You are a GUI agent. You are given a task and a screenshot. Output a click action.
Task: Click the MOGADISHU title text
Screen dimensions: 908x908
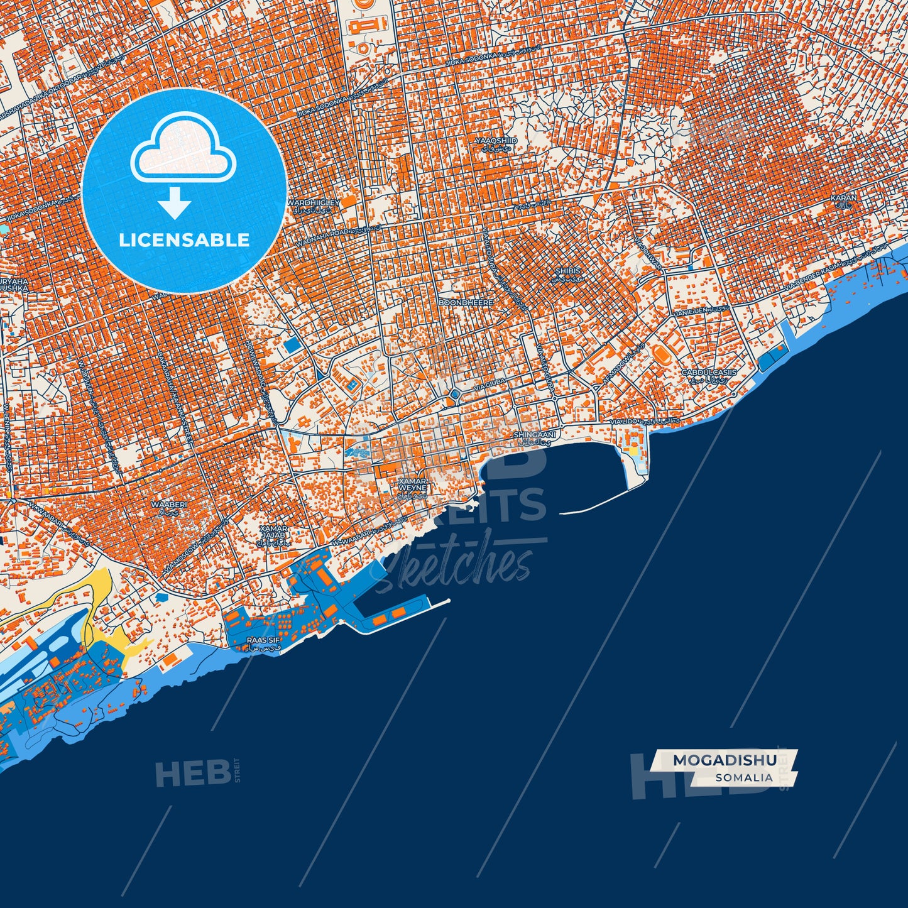click(724, 760)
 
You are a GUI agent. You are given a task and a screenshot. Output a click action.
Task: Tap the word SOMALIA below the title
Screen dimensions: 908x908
click(743, 777)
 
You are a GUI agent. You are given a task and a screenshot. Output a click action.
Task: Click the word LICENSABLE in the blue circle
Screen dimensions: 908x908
click(184, 239)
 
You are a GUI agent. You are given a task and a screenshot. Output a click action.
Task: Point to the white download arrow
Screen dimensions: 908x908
click(175, 203)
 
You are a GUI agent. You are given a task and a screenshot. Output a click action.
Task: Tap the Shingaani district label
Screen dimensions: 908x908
click(535, 435)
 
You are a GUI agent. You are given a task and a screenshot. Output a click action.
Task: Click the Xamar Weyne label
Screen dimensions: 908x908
click(412, 484)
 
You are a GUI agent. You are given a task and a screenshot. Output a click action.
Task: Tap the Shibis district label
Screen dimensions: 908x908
click(568, 271)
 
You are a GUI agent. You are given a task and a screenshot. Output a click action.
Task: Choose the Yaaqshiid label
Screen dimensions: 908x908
click(496, 141)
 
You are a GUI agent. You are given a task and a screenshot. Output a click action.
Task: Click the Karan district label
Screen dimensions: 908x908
click(843, 198)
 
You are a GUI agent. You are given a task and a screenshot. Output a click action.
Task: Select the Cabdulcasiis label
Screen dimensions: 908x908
click(709, 373)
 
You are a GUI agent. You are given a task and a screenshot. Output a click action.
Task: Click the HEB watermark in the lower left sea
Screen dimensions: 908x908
click(192, 773)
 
